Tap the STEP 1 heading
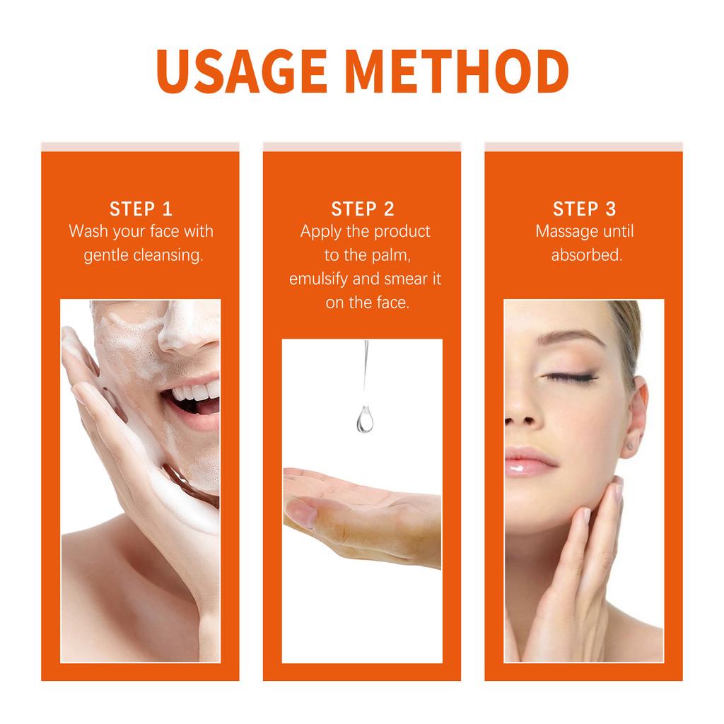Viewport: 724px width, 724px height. point(141,209)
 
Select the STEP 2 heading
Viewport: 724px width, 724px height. point(363,209)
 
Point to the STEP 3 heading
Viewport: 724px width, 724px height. point(584,209)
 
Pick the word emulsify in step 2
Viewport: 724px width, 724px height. point(318,279)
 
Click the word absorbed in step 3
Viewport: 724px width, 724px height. point(587,255)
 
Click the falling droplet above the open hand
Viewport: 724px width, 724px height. point(365,420)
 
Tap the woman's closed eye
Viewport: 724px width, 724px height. point(570,378)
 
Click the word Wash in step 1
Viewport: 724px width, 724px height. point(87,231)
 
